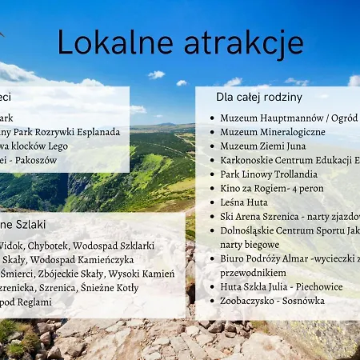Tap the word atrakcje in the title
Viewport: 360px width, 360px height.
pyautogui.click(x=233, y=42)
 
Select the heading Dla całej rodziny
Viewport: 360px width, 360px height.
pyautogui.click(x=258, y=97)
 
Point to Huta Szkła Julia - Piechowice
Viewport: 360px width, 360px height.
pyautogui.click(x=281, y=286)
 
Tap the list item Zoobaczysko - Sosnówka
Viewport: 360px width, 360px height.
pyautogui.click(x=272, y=301)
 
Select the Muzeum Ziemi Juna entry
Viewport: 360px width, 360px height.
pyautogui.click(x=262, y=146)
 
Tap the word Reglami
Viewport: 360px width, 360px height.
pyautogui.click(x=34, y=302)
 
